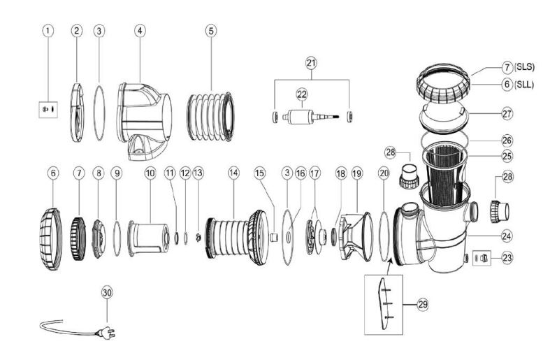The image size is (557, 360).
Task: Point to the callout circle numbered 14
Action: tap(233, 171)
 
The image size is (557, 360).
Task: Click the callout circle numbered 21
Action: tap(311, 63)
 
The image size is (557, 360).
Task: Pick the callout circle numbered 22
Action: tap(302, 94)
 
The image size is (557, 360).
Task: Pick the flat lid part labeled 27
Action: tap(444, 118)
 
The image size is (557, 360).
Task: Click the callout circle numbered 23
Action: tap(507, 257)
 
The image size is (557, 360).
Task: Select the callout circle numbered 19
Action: tap(358, 171)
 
